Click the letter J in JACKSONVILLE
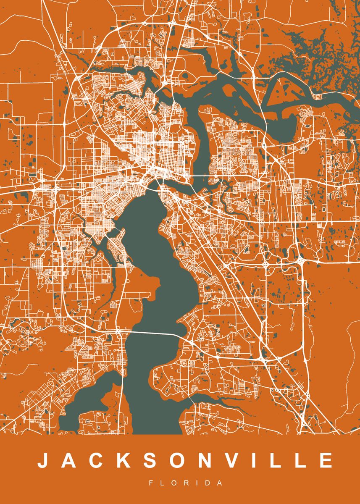click(43, 460)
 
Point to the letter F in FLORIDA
click(151, 483)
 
